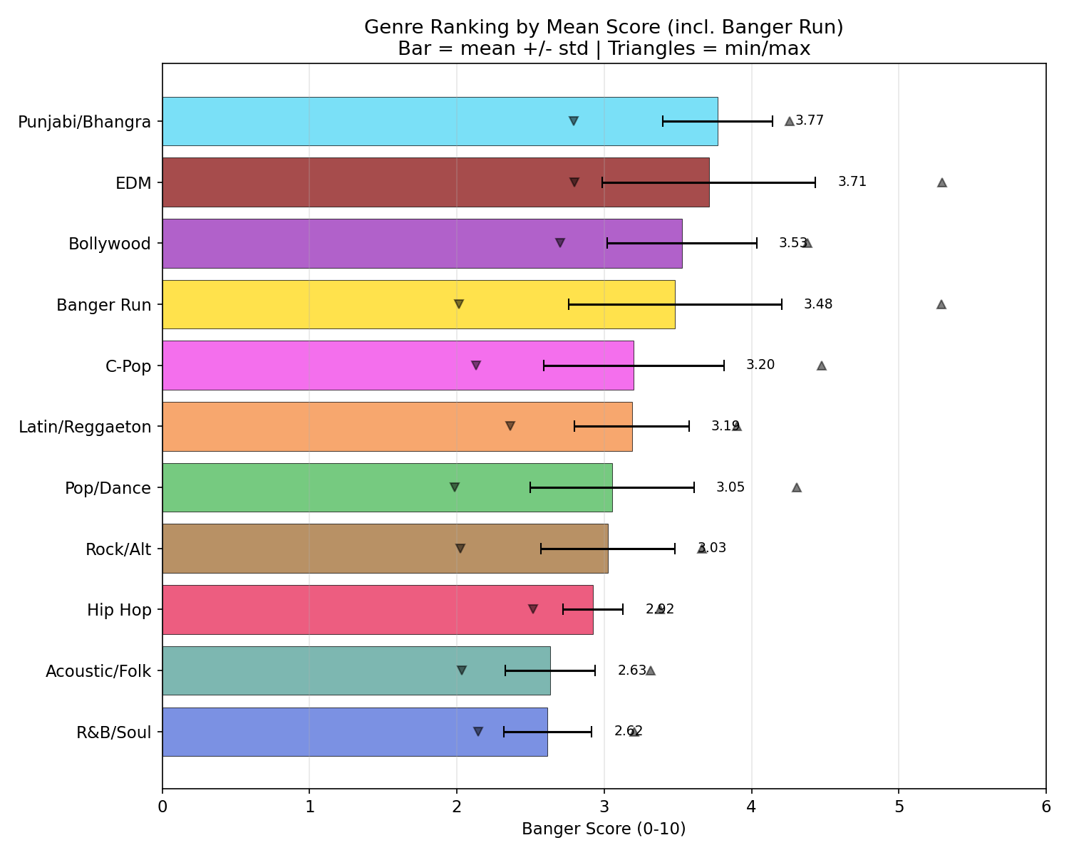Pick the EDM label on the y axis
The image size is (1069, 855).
(x=134, y=183)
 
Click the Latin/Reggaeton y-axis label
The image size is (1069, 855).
(x=85, y=427)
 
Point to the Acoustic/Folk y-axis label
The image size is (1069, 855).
(x=98, y=671)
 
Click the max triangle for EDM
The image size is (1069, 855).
(x=941, y=182)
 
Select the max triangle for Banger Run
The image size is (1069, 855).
(x=941, y=304)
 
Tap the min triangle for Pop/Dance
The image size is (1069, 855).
(x=455, y=487)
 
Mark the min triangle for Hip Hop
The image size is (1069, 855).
(x=532, y=609)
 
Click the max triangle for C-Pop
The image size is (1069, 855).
(x=821, y=366)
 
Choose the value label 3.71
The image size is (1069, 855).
(x=852, y=182)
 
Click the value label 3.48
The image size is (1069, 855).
(x=817, y=304)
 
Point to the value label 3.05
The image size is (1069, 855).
(x=730, y=487)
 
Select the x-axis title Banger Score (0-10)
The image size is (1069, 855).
(x=604, y=829)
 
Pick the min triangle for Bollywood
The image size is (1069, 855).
(x=559, y=243)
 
